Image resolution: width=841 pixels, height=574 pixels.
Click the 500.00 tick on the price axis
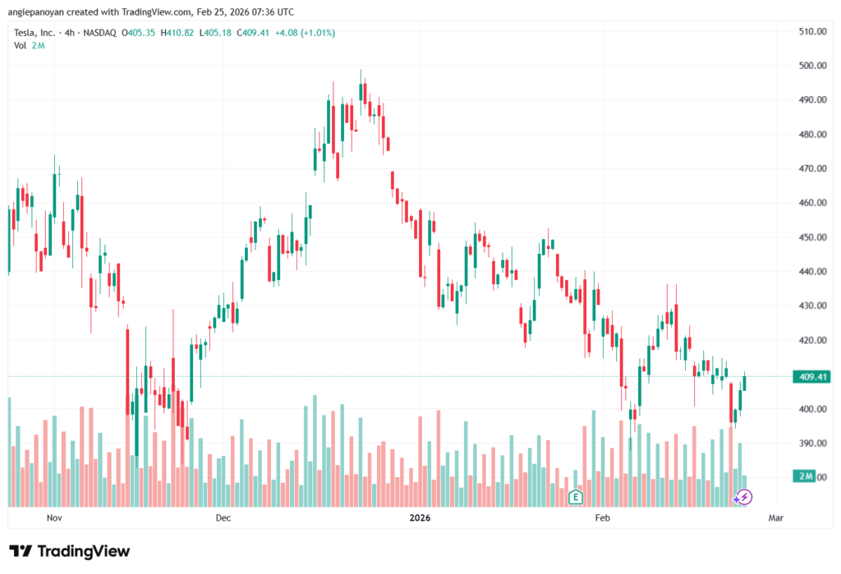coord(811,66)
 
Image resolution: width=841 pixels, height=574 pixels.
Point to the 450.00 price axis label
coord(811,237)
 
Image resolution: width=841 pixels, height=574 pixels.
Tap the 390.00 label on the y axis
coord(811,443)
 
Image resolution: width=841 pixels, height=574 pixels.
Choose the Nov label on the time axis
coord(54,518)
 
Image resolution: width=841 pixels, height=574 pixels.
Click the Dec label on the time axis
coord(223,518)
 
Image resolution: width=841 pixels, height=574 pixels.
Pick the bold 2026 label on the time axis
coord(419,518)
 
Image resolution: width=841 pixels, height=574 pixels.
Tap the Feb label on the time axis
coord(602,518)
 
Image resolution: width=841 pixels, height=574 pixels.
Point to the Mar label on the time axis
coord(774,518)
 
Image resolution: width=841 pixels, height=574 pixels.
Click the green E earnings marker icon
coord(576,496)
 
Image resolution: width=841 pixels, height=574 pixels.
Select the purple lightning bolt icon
coord(742,496)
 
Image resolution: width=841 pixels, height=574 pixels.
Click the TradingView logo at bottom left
coord(69,551)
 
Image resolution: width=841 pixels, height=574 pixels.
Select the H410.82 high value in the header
coord(177,33)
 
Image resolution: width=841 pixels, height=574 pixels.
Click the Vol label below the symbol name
coord(21,45)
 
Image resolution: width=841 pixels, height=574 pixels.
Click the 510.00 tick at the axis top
coord(811,31)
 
